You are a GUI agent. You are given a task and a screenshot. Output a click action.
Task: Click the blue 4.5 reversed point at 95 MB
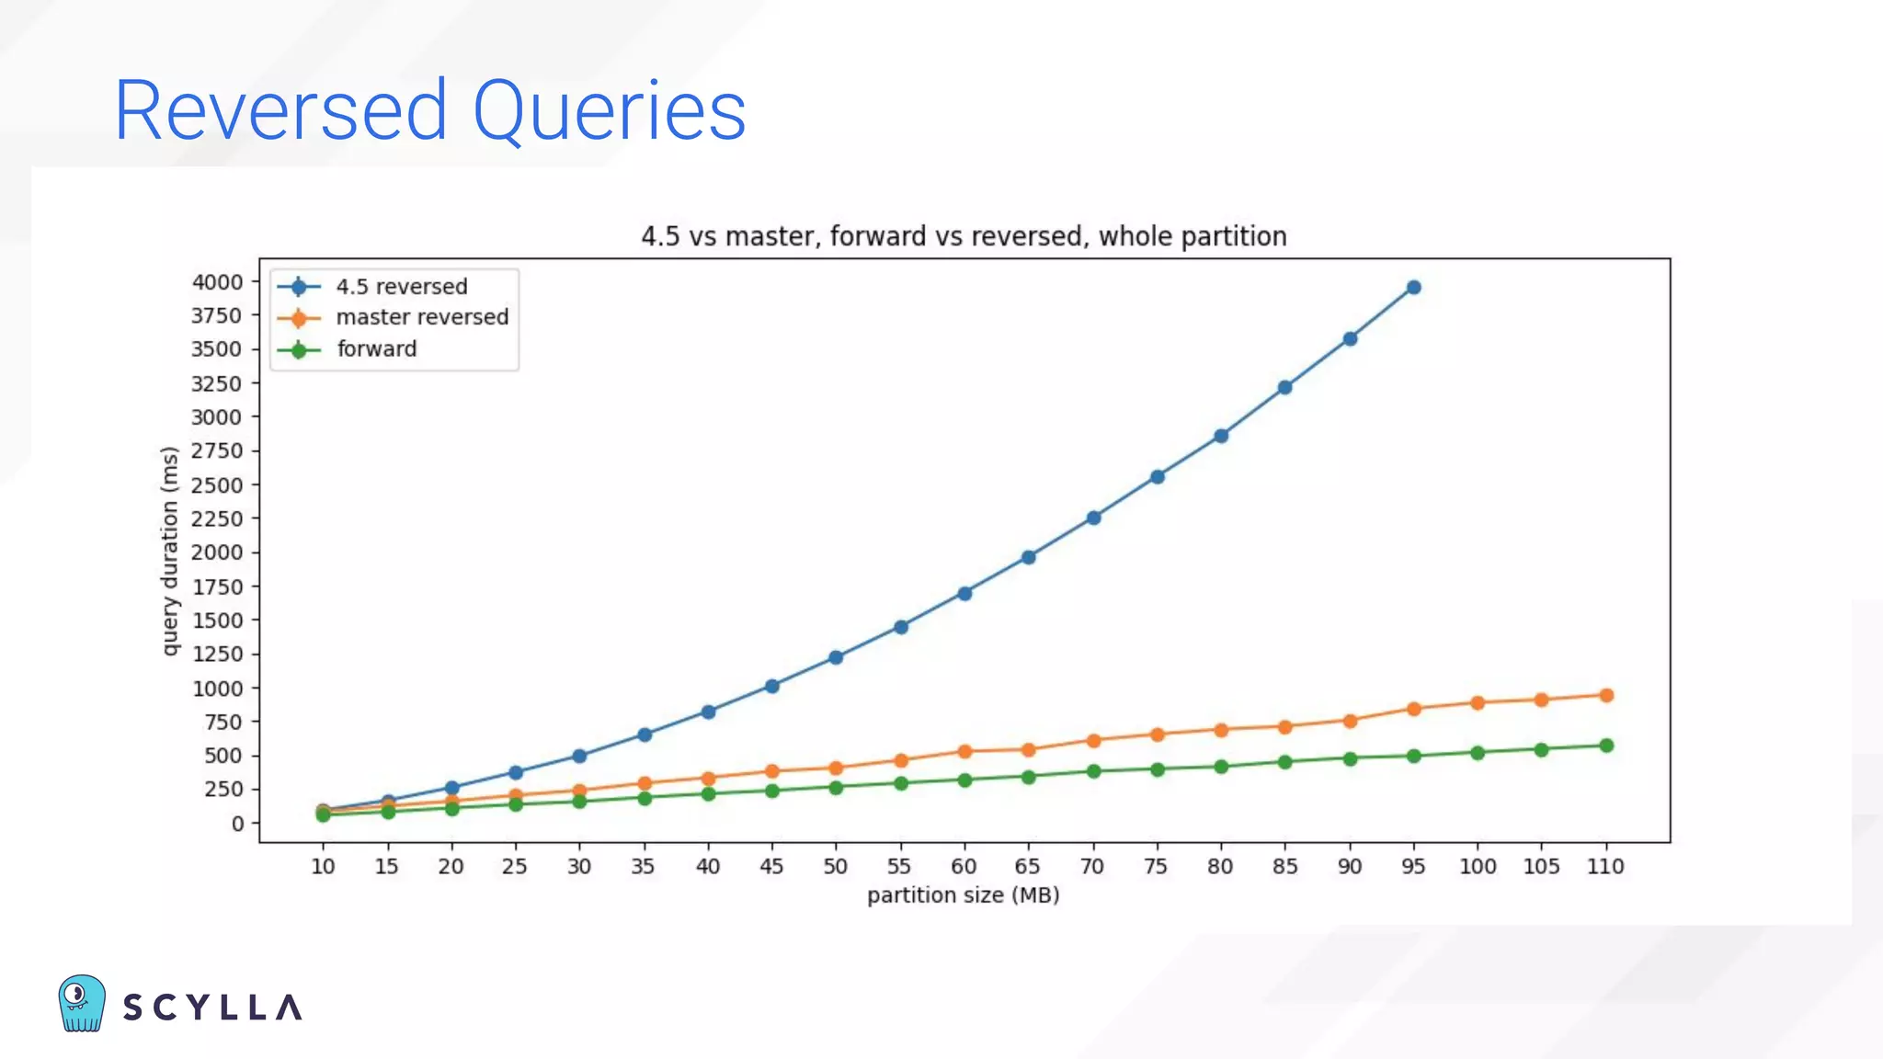pos(1413,288)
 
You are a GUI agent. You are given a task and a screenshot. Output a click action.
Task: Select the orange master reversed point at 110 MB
pos(1606,695)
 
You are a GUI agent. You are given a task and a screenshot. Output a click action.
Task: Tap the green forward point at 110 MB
pos(1606,746)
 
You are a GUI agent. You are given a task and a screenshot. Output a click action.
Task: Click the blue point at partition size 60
pos(964,594)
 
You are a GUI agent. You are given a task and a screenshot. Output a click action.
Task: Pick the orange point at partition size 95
pos(1413,709)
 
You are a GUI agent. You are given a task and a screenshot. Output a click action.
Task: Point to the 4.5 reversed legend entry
pos(401,287)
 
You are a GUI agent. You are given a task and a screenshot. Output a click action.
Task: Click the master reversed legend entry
pos(421,317)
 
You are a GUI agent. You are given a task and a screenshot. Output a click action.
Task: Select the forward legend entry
pos(376,349)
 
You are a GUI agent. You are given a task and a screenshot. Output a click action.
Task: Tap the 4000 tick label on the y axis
pos(217,282)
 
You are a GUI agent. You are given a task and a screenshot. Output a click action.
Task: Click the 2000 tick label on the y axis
pos(217,552)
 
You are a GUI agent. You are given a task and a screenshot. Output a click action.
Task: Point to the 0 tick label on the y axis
pos(237,824)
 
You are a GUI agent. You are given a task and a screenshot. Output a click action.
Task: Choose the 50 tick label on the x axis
pos(835,866)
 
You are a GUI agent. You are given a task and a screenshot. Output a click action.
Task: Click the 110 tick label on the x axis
pos(1605,866)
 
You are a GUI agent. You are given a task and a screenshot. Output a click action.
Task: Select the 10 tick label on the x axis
pos(323,866)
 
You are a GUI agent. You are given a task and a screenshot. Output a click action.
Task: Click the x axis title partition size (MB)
pos(963,895)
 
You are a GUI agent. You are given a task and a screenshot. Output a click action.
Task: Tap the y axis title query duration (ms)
pos(169,551)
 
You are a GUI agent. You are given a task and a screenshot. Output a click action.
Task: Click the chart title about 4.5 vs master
pos(964,236)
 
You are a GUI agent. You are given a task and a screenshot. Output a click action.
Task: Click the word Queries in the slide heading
pos(609,111)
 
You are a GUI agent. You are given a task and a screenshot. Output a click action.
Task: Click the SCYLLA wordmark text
pos(212,1008)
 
